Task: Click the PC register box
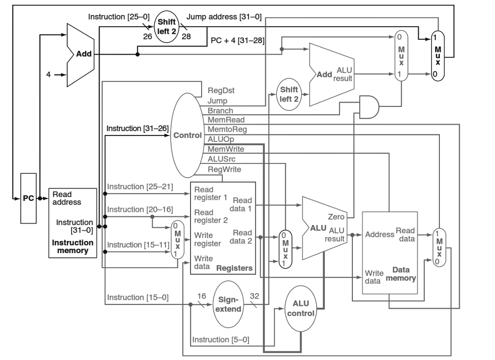pos(28,198)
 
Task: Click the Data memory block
pos(390,252)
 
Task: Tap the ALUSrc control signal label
pos(221,159)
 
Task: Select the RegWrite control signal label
pos(224,169)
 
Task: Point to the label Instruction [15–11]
pos(137,245)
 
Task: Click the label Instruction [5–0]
pos(220,340)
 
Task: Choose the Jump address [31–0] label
pos(223,17)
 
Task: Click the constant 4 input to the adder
pos(49,75)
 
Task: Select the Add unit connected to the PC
pos(79,55)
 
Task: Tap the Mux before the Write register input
pos(177,240)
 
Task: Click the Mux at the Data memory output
pos(439,247)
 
